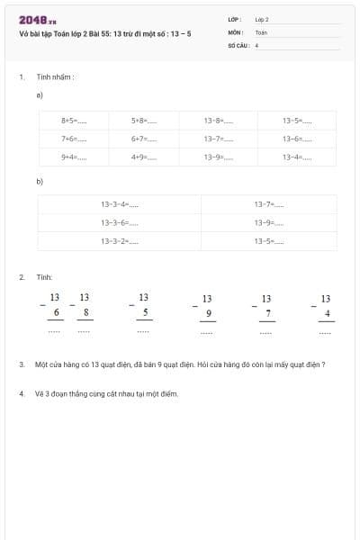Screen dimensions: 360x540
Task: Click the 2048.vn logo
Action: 38,20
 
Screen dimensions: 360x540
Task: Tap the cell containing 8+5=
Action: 74,120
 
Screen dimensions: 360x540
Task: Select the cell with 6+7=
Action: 144,139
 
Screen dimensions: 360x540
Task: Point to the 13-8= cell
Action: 219,120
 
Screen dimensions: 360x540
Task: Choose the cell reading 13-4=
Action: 297,157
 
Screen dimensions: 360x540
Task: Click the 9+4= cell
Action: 74,157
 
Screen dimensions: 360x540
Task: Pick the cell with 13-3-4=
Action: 120,204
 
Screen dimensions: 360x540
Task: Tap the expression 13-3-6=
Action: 120,222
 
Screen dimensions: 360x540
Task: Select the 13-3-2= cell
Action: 120,241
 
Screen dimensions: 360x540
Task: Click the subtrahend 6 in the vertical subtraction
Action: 56,312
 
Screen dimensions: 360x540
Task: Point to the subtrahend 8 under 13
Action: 85,312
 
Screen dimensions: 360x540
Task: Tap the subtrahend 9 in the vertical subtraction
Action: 208,313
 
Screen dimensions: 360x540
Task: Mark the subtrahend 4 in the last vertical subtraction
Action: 327,313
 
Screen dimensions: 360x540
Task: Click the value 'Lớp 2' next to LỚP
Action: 262,19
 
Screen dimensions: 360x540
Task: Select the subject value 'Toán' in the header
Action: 261,31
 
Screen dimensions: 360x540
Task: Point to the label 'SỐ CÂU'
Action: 237,44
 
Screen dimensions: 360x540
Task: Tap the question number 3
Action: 21,364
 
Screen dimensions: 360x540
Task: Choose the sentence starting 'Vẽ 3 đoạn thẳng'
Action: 107,394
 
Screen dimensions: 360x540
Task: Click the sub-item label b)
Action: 40,181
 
